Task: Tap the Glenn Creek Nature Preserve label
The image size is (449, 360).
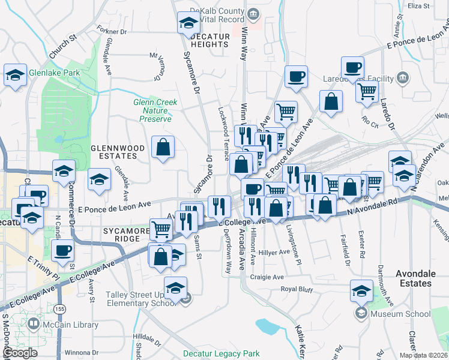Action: pyautogui.click(x=155, y=110)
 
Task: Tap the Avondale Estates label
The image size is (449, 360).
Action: pyautogui.click(x=415, y=278)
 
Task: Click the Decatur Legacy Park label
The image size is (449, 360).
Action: pyautogui.click(x=221, y=353)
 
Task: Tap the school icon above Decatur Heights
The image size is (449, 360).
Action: pyautogui.click(x=188, y=24)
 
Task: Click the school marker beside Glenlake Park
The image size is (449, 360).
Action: pyautogui.click(x=15, y=76)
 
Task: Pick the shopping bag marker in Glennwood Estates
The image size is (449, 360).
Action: pyautogui.click(x=163, y=147)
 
